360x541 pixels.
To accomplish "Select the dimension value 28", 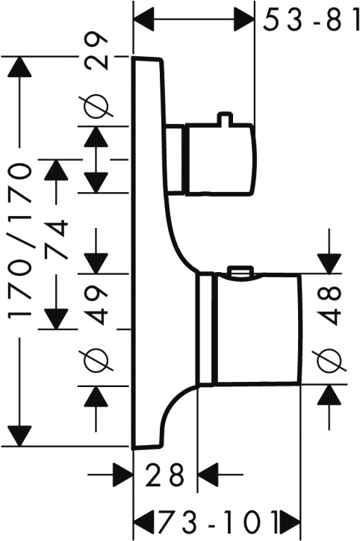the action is (x=164, y=474).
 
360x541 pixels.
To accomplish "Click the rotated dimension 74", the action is (x=55, y=239).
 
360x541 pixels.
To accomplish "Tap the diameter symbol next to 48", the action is (x=329, y=361).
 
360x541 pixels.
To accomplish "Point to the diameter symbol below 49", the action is (x=96, y=361).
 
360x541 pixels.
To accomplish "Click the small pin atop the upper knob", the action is (x=225, y=117).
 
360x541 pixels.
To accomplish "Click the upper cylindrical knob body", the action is (x=221, y=159).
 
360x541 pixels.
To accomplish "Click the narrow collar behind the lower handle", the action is (x=205, y=329).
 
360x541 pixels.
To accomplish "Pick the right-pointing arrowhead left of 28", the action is (x=122, y=474).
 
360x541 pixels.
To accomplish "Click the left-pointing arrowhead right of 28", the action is (x=208, y=474).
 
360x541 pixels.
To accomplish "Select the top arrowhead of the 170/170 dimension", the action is (x=20, y=67).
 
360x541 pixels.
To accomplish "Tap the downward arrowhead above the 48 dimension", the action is (x=329, y=263).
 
